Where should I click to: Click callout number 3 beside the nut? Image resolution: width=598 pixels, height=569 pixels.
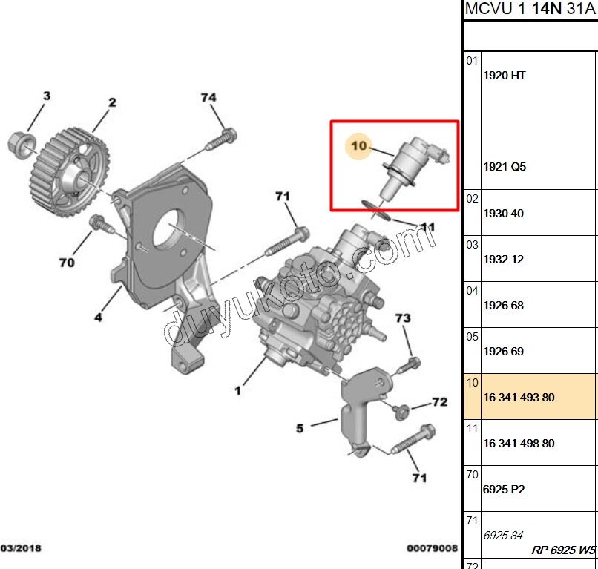[46, 96]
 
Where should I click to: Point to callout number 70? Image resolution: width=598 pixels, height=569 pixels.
[67, 263]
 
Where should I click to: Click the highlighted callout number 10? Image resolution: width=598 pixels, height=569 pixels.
[359, 146]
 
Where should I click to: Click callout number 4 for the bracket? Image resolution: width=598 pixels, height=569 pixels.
[97, 318]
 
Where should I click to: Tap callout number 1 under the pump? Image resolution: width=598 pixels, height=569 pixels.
[238, 389]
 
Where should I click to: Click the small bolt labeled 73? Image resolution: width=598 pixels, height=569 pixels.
[412, 364]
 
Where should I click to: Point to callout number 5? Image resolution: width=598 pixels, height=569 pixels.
[300, 428]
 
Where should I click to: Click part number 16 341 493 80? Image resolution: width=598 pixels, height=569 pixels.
[519, 398]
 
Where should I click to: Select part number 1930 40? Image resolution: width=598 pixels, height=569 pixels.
[503, 214]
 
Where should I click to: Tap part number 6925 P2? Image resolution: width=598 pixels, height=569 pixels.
[503, 490]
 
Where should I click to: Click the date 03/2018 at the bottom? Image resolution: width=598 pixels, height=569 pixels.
[21, 549]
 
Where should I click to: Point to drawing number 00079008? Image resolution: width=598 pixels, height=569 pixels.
[432, 549]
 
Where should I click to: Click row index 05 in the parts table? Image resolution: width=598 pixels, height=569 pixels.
[473, 336]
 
